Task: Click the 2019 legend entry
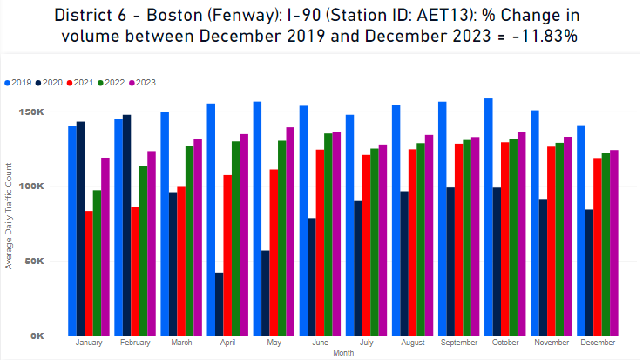(x=21, y=82)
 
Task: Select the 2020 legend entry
(x=52, y=82)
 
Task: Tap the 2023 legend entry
(x=144, y=82)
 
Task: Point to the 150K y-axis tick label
(x=45, y=112)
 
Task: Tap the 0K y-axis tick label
(x=51, y=336)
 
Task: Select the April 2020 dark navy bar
(x=219, y=304)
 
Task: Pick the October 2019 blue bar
(x=488, y=217)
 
